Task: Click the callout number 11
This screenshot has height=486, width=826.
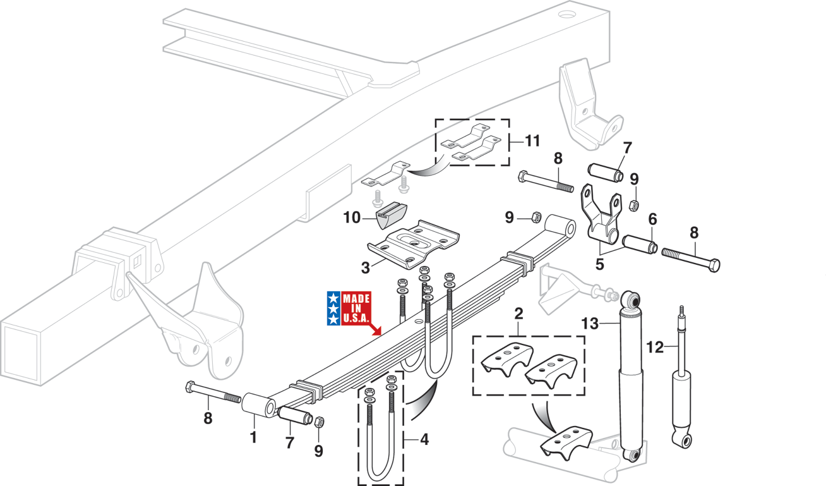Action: (x=532, y=141)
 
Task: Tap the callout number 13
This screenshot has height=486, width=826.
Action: (x=590, y=324)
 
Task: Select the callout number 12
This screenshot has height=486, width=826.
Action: (x=654, y=347)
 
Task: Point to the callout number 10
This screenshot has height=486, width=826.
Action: (x=351, y=218)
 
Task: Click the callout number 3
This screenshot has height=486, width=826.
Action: (x=365, y=268)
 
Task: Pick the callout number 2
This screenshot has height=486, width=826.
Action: (x=518, y=314)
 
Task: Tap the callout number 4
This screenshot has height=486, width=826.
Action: (x=424, y=439)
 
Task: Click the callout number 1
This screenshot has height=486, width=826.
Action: (x=253, y=438)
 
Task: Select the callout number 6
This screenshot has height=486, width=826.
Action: (x=652, y=219)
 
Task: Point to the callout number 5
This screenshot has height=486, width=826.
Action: (x=599, y=265)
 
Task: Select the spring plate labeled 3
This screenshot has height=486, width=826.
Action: (x=414, y=245)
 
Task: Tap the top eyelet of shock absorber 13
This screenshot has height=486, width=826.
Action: (x=631, y=300)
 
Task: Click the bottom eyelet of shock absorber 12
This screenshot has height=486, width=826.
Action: (x=683, y=439)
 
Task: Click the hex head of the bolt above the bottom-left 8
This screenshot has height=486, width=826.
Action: (x=189, y=387)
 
